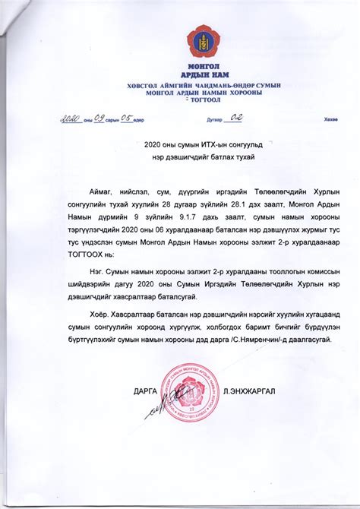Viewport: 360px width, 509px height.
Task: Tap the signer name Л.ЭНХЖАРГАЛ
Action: pyautogui.click(x=246, y=390)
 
